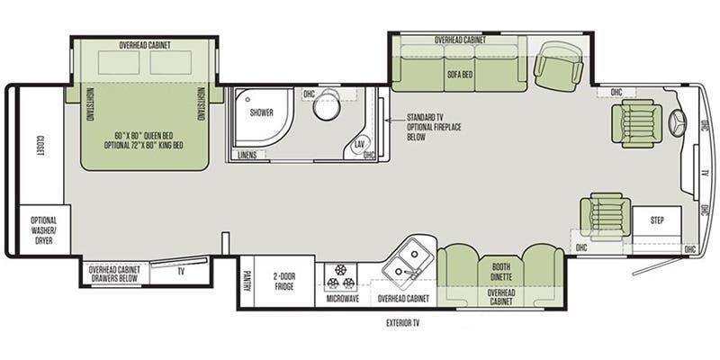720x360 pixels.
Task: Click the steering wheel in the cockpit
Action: (678, 123)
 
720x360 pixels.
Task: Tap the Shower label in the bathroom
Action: (262, 112)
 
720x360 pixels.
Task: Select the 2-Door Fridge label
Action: (283, 282)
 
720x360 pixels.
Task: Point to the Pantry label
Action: (246, 282)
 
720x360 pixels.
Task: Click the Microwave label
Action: (343, 299)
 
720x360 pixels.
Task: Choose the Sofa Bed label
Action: (458, 74)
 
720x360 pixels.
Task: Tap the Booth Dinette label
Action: (501, 272)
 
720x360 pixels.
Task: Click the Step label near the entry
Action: (657, 220)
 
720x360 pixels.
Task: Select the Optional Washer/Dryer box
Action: (44, 229)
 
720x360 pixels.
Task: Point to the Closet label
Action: (40, 146)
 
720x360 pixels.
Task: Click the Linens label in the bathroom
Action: (247, 155)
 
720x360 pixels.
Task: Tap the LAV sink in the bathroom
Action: (358, 145)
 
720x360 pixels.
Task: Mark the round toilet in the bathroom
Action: (327, 104)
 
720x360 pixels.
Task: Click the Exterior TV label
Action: (402, 323)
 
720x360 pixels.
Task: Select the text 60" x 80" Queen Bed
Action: (144, 136)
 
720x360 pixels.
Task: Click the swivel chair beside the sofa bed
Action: (558, 67)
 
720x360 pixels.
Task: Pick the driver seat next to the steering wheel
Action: (636, 123)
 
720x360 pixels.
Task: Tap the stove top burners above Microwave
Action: (340, 277)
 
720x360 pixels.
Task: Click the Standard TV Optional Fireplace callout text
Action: (434, 127)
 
